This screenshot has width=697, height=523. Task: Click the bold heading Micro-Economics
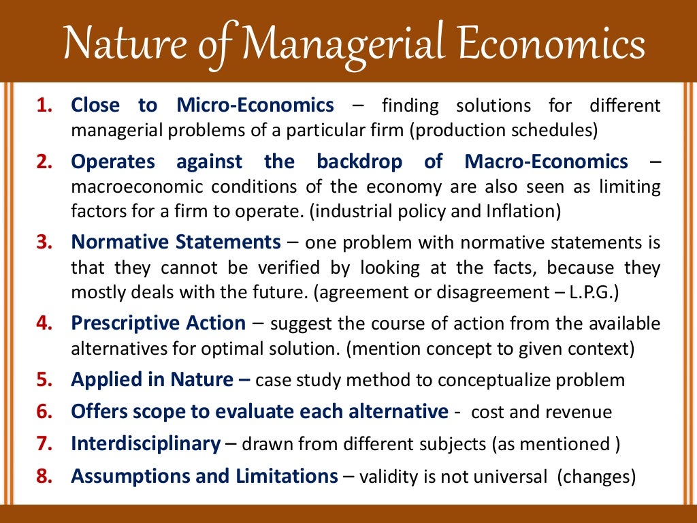point(255,106)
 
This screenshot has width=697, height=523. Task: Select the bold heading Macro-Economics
point(547,162)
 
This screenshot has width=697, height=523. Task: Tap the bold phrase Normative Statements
point(176,242)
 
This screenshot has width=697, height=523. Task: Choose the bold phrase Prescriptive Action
point(159,323)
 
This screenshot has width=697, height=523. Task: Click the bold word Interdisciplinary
point(146,444)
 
